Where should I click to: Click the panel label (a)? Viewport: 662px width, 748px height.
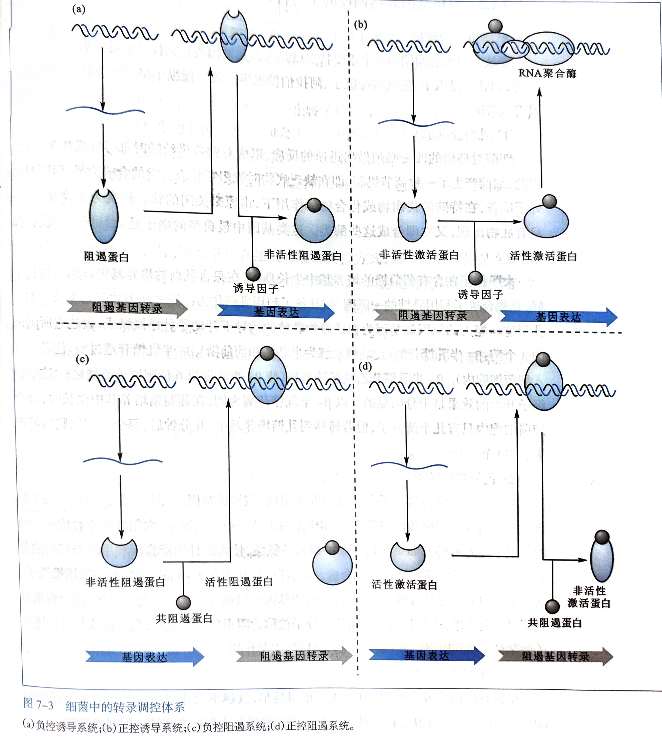(79, 9)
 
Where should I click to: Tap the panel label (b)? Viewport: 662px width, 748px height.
(360, 25)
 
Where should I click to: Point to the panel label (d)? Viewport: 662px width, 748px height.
(365, 366)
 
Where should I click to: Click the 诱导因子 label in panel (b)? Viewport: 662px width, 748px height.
(480, 294)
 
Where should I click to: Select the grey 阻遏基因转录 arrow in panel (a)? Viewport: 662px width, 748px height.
(127, 308)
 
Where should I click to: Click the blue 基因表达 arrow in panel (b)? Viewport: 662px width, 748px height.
(558, 317)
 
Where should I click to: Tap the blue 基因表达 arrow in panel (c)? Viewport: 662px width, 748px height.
(145, 657)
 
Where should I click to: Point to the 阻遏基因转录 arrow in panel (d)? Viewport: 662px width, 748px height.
(555, 656)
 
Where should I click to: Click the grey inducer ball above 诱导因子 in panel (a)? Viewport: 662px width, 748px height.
(253, 273)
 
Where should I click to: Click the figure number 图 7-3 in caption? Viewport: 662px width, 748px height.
(38, 705)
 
